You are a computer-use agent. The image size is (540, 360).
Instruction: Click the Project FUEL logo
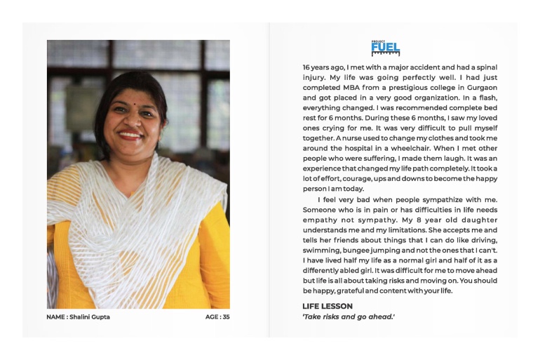[385, 48]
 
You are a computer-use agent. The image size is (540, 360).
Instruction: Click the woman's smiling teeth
[131, 135]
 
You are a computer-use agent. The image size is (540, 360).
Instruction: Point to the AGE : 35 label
[217, 317]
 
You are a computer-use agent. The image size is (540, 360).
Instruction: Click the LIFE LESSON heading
[328, 306]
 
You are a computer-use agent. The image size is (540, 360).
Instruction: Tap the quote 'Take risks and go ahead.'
[349, 317]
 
